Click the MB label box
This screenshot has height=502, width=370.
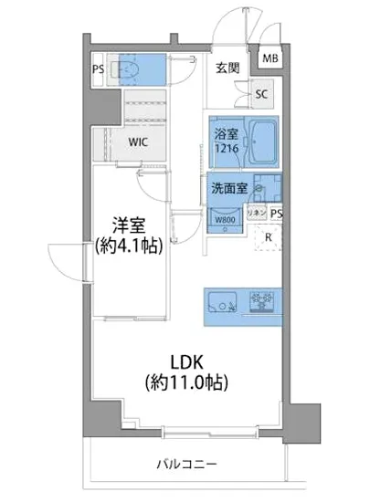(x=271, y=58)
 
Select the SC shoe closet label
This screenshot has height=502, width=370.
(x=260, y=93)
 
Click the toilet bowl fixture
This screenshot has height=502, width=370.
(x=129, y=68)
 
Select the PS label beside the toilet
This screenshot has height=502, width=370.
(x=98, y=68)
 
